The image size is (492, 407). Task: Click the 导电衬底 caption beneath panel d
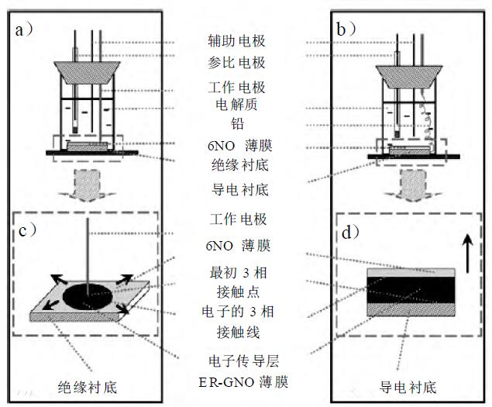point(410,386)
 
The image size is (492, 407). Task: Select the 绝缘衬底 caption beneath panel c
point(88,386)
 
